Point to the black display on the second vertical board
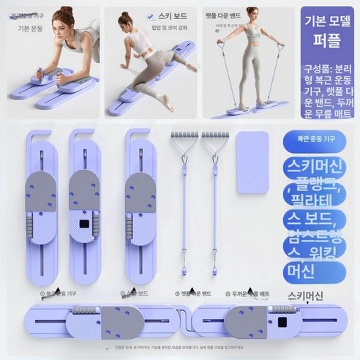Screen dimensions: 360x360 click(87, 223)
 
